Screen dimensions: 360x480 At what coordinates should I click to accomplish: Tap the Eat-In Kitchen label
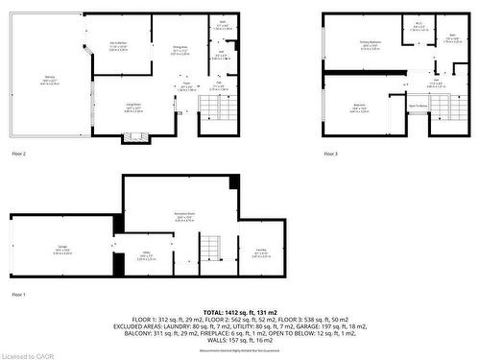(119, 46)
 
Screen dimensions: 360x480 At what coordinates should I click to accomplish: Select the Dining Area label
(179, 50)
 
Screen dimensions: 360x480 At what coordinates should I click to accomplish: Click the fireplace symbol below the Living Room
(134, 136)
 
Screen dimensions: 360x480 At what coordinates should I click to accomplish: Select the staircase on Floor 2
(210, 107)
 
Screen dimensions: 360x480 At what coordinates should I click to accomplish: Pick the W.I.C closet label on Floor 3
(419, 27)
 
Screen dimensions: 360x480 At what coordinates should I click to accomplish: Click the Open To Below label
(419, 106)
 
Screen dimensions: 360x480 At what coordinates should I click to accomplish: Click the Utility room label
(147, 255)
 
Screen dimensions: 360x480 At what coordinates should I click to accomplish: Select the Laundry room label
(261, 253)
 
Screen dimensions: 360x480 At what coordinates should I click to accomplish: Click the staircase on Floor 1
(210, 252)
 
